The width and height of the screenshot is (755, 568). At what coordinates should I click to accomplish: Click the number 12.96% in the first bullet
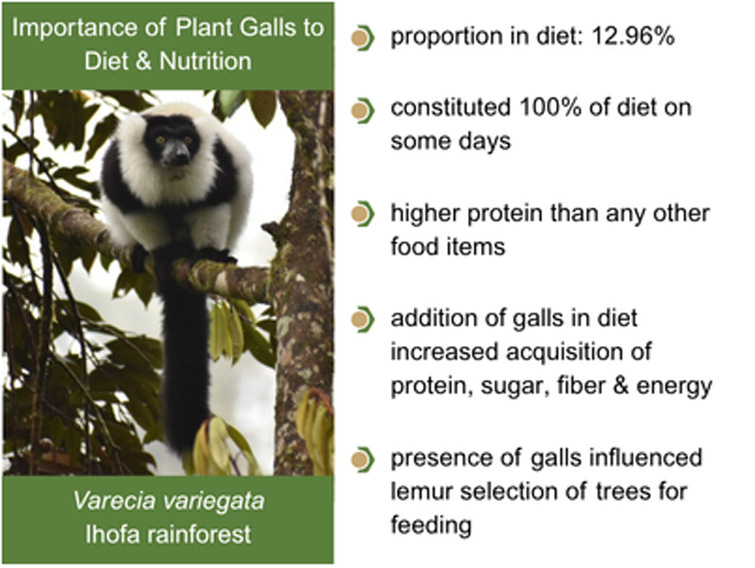633,36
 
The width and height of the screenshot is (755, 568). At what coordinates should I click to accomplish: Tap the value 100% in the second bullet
550,107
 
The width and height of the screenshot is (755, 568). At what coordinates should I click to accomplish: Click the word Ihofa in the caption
112,534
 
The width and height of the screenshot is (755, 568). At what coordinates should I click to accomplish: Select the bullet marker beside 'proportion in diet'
362,38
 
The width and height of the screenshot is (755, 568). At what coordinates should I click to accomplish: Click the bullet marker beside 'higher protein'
362,214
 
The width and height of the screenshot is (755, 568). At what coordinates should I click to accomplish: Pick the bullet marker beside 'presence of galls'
362,460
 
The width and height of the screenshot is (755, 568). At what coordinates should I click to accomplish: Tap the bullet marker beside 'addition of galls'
362,320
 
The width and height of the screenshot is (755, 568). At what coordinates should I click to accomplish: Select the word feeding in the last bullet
431,525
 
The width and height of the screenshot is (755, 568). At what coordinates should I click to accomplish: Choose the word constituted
450,107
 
